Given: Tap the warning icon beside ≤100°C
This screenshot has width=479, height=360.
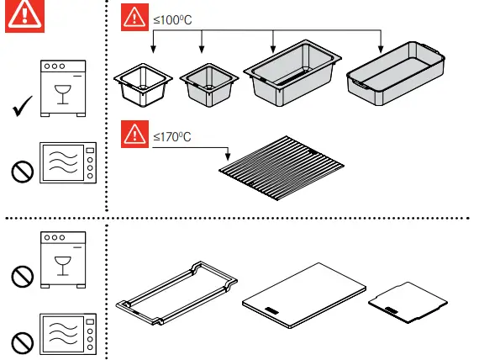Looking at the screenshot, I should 134,17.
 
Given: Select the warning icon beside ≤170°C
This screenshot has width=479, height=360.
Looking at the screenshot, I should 134,134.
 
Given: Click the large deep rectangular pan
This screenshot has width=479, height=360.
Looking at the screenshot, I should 292,76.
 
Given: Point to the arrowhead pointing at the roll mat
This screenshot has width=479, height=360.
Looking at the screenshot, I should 229,157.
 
